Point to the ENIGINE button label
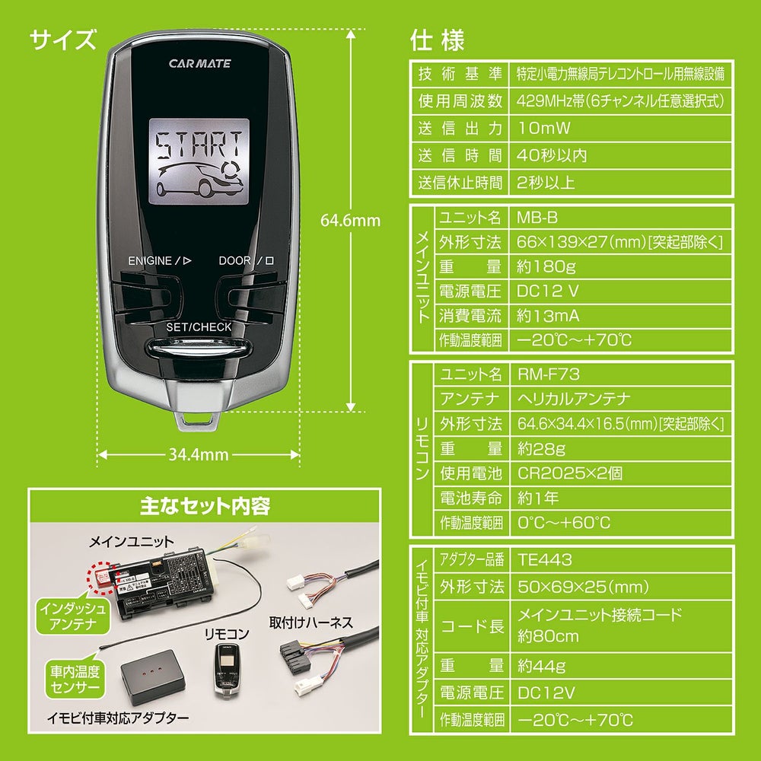[159, 260]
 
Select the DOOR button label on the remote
[246, 260]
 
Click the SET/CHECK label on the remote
[199, 327]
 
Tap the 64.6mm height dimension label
[350, 221]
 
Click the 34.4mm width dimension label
[199, 454]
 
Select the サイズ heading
[64, 38]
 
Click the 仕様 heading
[437, 39]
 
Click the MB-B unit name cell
[537, 218]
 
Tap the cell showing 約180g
[545, 266]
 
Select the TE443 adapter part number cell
[545, 559]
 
